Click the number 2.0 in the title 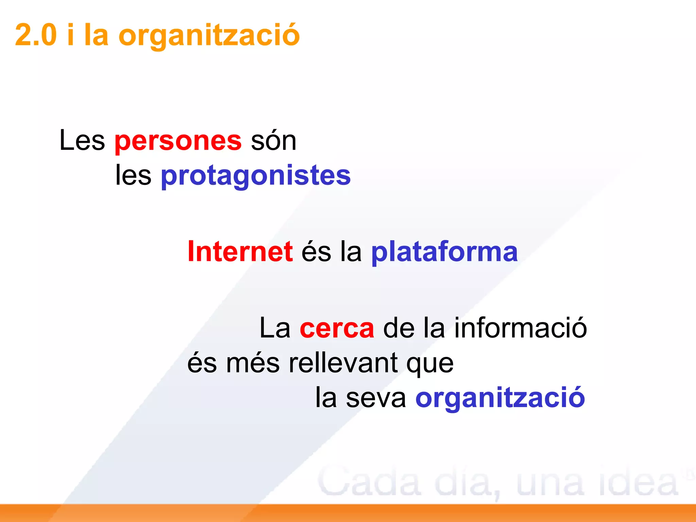point(36,35)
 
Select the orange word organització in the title point(209,36)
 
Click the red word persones point(178,141)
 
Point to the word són point(274,140)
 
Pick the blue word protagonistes point(256,176)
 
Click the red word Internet point(240,251)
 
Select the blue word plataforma point(444,252)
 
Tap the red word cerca point(337,328)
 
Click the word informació point(521,328)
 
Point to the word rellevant point(344,363)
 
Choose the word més point(253,363)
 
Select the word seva point(376,398)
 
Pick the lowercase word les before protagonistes point(133,176)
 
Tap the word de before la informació point(399,328)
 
